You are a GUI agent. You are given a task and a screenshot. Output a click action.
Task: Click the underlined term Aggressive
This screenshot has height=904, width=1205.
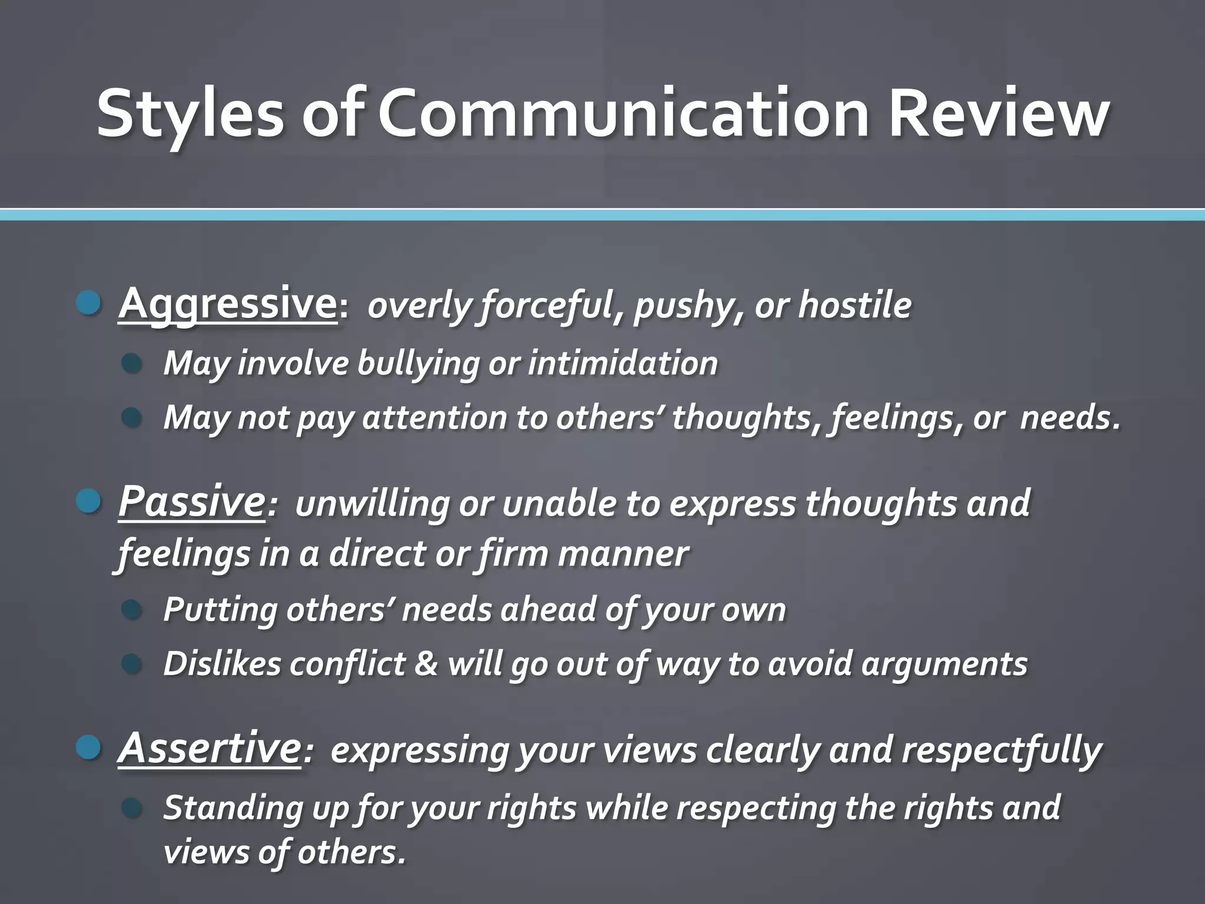coord(227,304)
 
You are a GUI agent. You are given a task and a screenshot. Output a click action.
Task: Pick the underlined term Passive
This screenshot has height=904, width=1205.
coord(191,502)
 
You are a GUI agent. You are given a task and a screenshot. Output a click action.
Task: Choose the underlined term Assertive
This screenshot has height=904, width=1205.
coord(209,749)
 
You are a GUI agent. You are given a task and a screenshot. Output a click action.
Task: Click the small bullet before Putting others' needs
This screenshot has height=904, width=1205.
coord(132,609)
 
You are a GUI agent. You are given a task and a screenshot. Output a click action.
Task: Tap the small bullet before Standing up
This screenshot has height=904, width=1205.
coord(132,807)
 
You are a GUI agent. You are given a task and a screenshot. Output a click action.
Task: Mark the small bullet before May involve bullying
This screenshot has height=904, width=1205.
coord(132,363)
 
